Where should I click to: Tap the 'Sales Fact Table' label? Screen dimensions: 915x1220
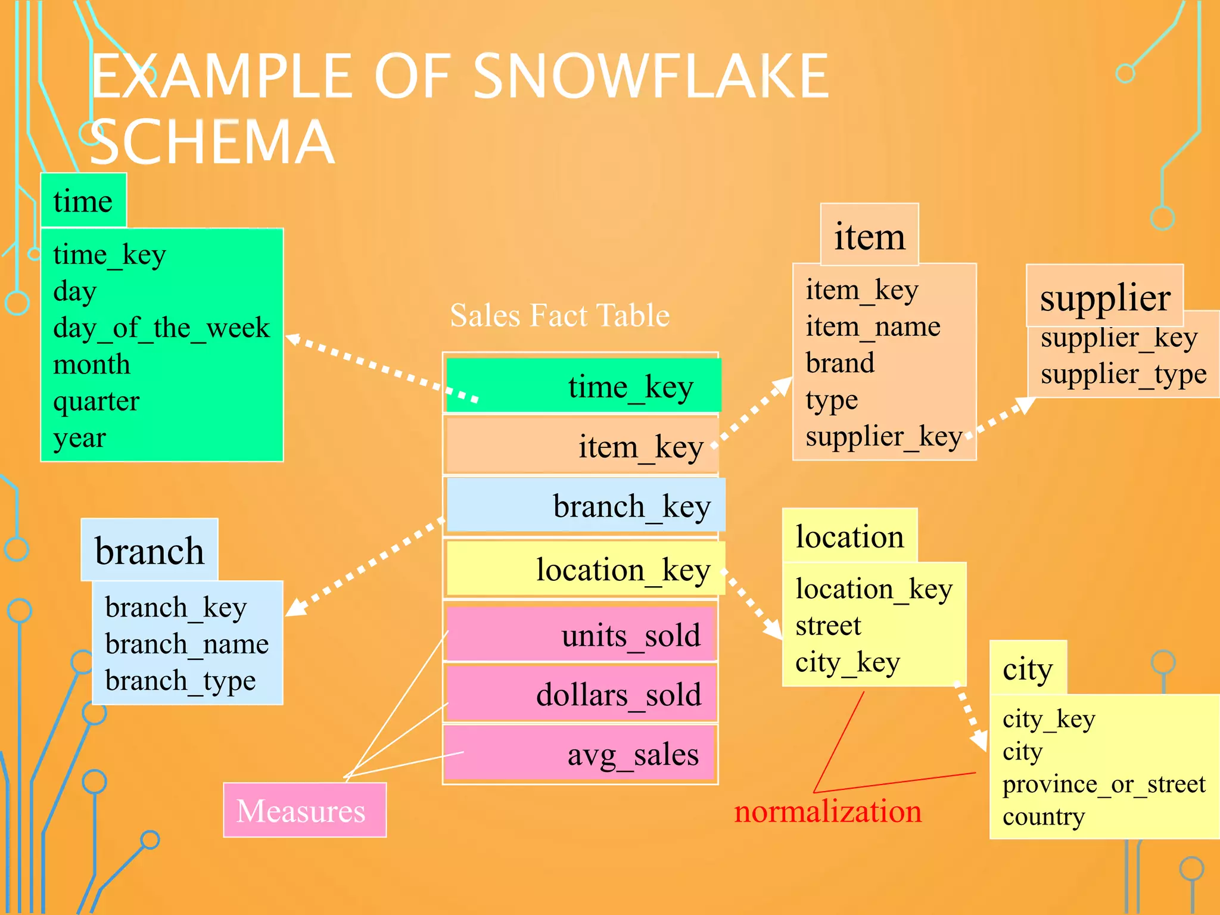click(559, 315)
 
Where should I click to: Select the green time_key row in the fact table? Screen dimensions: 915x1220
click(583, 385)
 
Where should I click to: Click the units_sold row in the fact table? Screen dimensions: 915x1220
click(581, 634)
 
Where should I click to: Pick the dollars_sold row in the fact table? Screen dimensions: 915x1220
click(581, 694)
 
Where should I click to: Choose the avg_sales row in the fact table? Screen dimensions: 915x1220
click(581, 754)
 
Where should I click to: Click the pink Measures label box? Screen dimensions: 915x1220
click(304, 810)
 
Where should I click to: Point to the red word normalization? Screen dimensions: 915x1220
click(827, 811)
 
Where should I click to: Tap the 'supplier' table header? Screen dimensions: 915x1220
click(1104, 297)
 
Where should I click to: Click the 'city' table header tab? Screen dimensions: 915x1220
click(1028, 668)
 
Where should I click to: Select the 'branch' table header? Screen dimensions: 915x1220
click(150, 550)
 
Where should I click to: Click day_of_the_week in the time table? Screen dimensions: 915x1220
click(161, 328)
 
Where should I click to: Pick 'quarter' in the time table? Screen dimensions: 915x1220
click(96, 401)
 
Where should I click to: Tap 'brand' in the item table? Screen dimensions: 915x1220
click(840, 363)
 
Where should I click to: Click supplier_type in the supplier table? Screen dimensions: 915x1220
click(1123, 374)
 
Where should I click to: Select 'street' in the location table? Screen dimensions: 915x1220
click(828, 625)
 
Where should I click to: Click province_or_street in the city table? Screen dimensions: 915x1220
click(1103, 785)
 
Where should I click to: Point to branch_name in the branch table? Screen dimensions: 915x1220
click(187, 644)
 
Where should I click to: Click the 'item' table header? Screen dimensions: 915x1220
click(869, 236)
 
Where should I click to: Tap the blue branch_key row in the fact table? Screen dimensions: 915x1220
click(586, 506)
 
